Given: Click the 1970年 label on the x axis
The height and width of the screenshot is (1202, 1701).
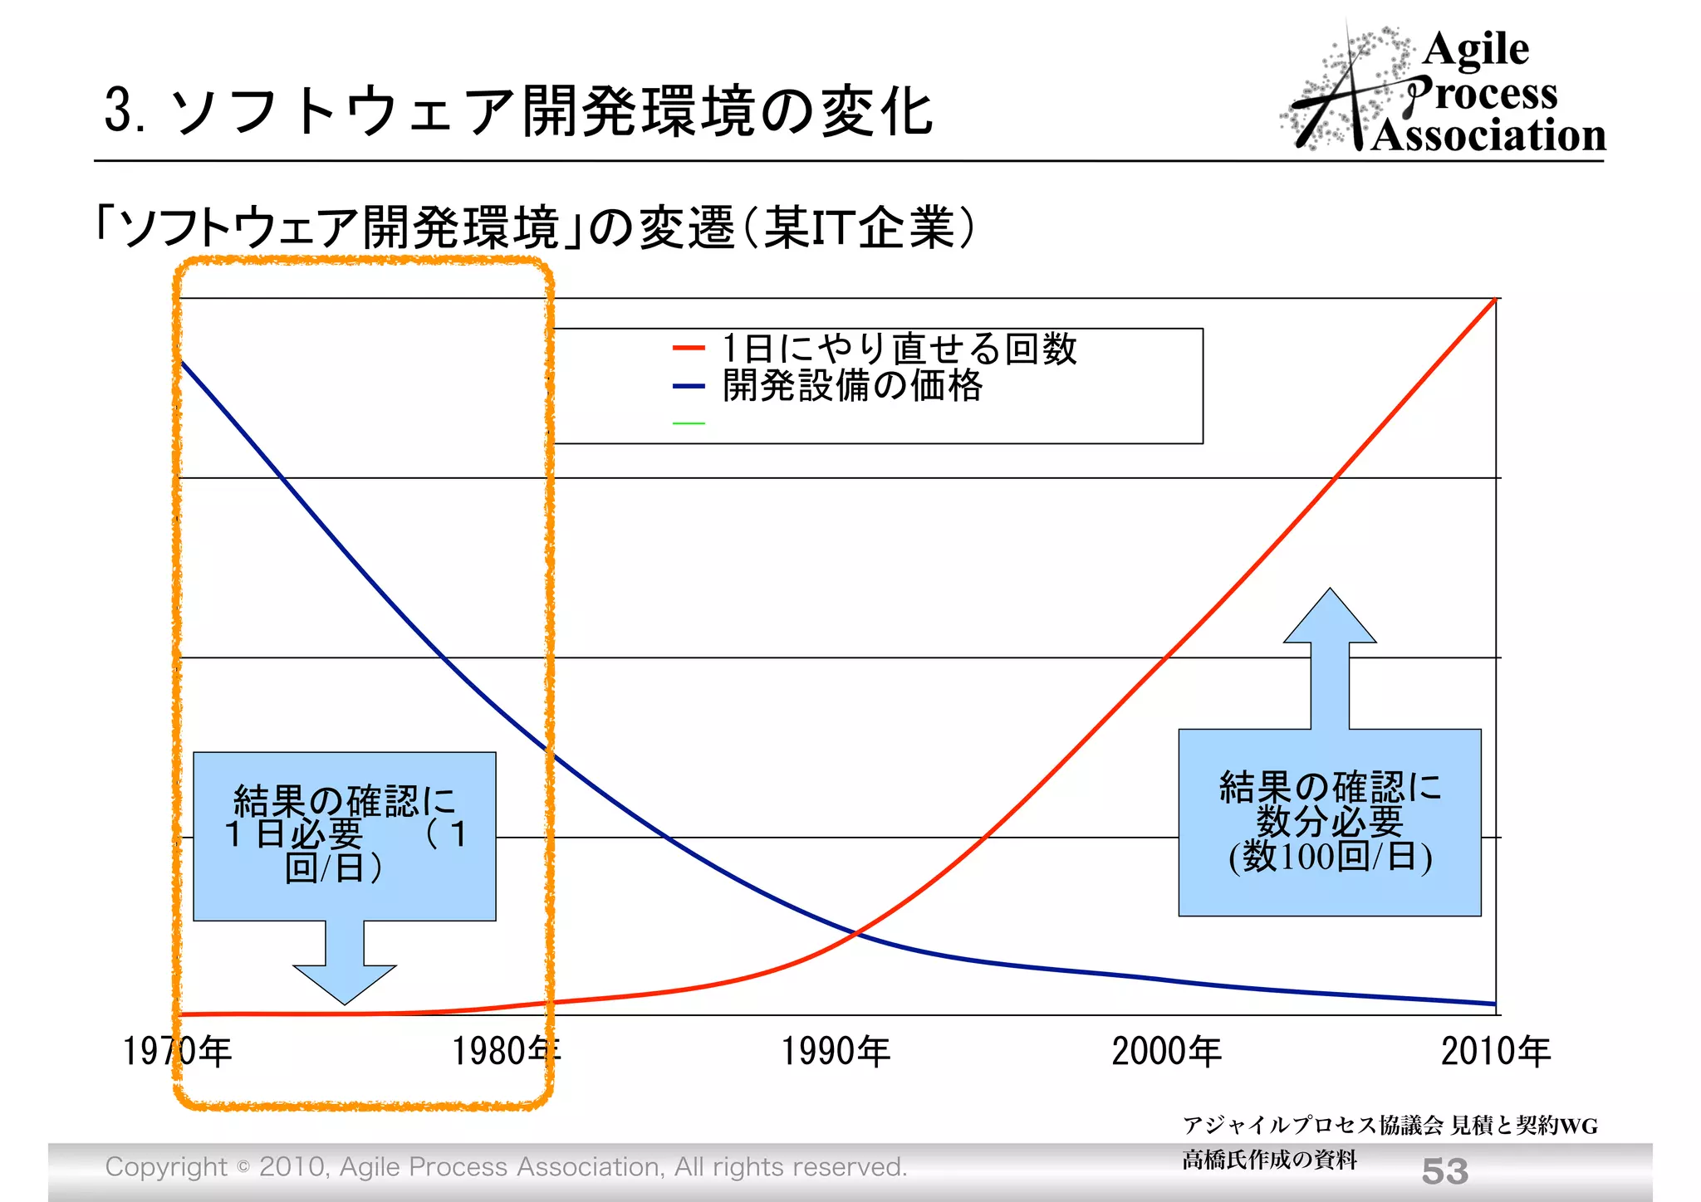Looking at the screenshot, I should [177, 1052].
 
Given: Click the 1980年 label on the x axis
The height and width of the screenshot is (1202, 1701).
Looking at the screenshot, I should [506, 1052].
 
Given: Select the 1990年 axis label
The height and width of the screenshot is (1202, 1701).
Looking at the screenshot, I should [836, 1052].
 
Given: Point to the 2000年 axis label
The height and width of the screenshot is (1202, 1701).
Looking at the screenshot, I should [1166, 1052].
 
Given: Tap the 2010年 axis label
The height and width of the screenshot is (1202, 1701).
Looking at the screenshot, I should [1495, 1052].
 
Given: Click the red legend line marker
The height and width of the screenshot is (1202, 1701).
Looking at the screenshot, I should [689, 349].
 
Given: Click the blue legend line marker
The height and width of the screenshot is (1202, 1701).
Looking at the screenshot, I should [689, 386].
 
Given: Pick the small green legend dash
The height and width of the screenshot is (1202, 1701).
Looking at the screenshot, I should [689, 423].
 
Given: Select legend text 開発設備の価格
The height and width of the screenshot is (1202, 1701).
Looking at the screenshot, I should [852, 386].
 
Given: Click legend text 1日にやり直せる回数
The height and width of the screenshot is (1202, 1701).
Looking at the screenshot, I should [900, 349].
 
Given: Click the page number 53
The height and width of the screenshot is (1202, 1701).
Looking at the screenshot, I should [1444, 1171].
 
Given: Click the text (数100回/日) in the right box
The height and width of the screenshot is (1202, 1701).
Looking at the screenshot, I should [1330, 857].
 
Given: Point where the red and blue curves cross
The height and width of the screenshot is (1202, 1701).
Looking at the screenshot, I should [856, 933].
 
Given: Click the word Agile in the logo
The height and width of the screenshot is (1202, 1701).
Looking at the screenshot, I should [1476, 50].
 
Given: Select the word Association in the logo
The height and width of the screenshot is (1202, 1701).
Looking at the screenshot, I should [1488, 135].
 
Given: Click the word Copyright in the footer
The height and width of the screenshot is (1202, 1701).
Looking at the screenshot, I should [166, 1167].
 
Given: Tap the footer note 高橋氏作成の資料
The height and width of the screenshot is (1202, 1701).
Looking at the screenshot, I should [1269, 1160].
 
